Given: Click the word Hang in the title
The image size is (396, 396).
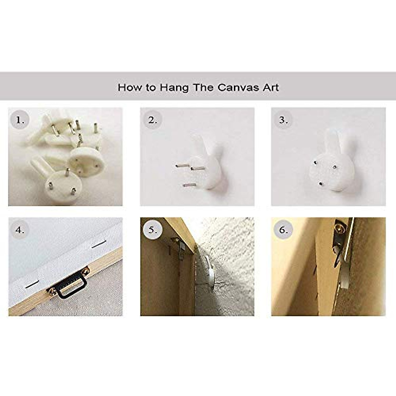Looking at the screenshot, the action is click(x=174, y=88).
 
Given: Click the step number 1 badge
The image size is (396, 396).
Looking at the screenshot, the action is click(x=20, y=120).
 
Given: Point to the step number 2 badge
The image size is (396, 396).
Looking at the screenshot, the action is click(x=152, y=120).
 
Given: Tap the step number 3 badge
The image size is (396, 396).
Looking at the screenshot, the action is click(x=283, y=120).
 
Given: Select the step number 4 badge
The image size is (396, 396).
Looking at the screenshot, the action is click(x=20, y=230).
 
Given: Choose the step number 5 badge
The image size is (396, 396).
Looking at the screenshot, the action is click(x=152, y=230).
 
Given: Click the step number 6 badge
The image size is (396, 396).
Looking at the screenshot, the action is click(x=283, y=230).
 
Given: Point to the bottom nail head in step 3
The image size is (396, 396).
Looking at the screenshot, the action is click(x=320, y=183).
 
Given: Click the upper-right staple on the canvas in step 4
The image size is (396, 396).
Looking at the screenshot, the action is click(x=99, y=244).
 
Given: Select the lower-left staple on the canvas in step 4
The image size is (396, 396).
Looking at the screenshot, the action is click(x=32, y=284).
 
